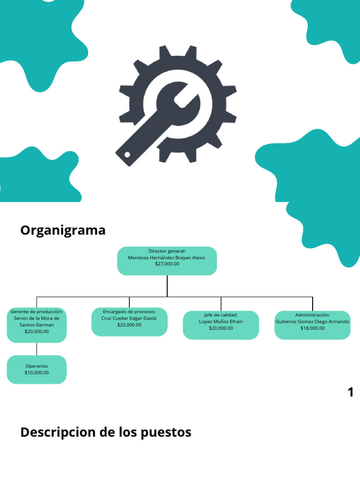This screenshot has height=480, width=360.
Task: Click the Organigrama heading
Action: [63, 231]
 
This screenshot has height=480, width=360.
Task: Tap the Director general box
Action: [167, 261]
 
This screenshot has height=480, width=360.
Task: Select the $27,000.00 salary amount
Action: [167, 264]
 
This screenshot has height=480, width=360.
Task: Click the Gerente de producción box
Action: [37, 325]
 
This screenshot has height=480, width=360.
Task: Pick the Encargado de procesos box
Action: [129, 322]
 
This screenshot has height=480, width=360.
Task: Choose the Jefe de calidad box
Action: [221, 325]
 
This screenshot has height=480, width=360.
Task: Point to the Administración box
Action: [312, 325]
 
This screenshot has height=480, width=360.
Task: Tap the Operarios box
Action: [37, 369]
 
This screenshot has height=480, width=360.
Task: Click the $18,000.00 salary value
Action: [312, 328]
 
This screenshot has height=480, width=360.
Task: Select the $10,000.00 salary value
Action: [37, 373]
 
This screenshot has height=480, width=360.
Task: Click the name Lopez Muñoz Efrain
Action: [221, 322]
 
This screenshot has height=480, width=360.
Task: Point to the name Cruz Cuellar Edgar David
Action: [129, 318]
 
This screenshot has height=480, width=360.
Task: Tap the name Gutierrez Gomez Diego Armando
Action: [312, 322]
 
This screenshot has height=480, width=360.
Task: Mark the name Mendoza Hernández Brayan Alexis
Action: [166, 257]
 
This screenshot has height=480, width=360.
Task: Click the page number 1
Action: [350, 392]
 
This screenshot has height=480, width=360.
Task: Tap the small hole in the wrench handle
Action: [127, 155]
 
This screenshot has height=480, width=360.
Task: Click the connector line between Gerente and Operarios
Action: [37, 349]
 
